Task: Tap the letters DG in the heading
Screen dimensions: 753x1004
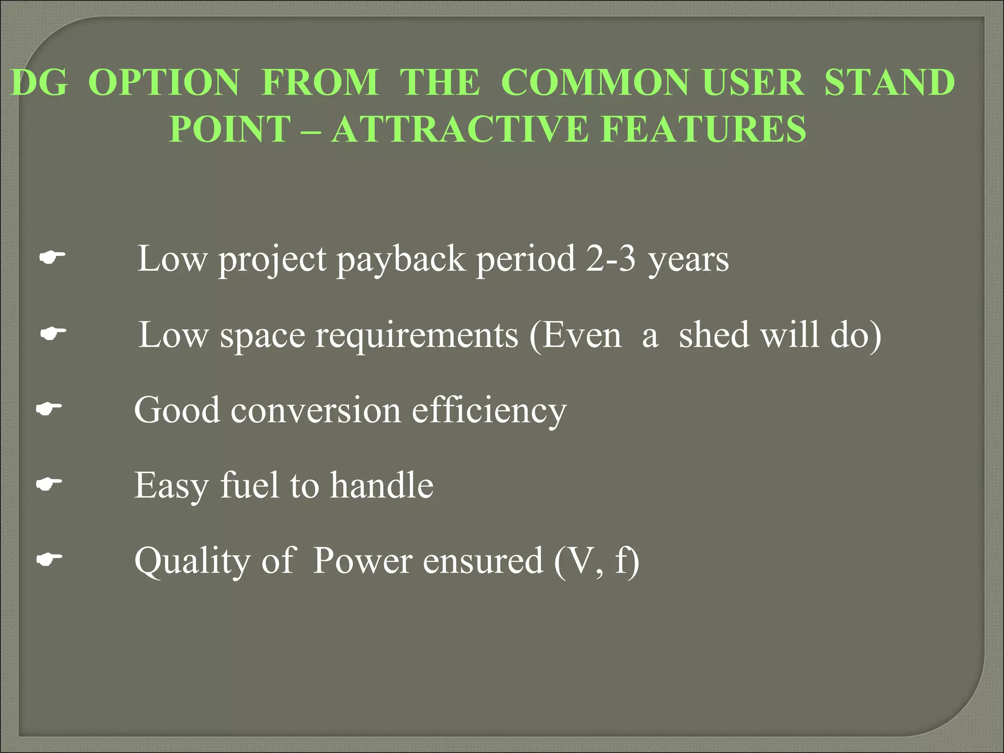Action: point(39,82)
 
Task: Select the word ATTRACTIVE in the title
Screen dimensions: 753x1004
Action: point(460,129)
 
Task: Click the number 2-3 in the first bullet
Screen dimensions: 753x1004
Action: point(611,258)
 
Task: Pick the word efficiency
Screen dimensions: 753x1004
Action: point(489,411)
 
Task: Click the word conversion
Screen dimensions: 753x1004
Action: point(316,410)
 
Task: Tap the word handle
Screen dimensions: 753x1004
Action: point(381,485)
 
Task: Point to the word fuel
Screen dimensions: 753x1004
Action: point(250,485)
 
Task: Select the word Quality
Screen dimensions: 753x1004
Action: point(192,561)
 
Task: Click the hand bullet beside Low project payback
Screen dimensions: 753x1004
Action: point(52,256)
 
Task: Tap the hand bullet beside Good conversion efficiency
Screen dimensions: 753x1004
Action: point(49,408)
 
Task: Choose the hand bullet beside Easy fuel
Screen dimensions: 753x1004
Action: point(49,484)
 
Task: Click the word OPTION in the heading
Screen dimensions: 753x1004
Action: point(164,82)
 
